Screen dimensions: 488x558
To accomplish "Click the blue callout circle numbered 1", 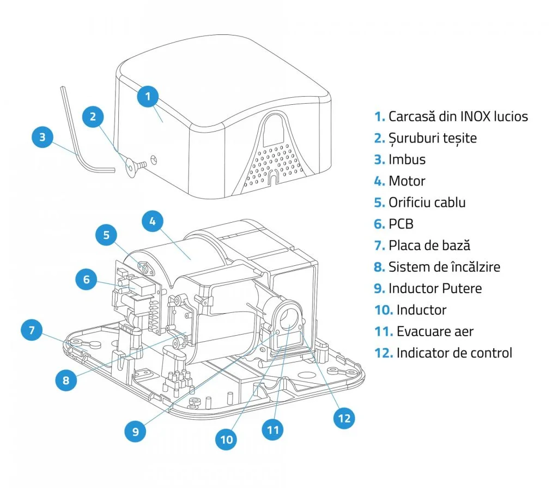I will tap(148, 97).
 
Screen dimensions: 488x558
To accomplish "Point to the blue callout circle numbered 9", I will tap(136, 431).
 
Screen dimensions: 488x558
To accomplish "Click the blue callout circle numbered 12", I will tap(344, 419).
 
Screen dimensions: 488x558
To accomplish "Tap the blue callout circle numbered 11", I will tap(274, 430).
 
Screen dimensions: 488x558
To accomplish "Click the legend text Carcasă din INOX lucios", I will tap(458, 116).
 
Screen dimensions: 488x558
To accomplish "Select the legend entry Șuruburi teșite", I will tap(432, 138).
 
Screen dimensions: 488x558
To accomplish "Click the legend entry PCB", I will tap(401, 224).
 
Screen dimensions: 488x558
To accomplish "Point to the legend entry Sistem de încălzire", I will tap(444, 267).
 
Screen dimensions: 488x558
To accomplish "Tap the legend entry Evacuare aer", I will tap(435, 331).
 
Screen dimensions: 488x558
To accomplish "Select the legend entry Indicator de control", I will tap(454, 353).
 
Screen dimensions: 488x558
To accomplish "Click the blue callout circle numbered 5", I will tap(107, 236).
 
